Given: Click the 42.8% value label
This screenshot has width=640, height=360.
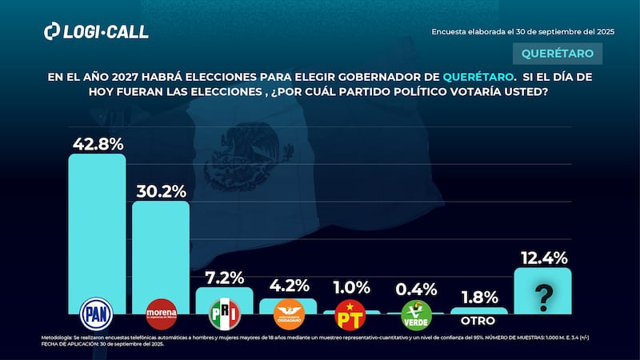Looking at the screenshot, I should pyautogui.click(x=97, y=144).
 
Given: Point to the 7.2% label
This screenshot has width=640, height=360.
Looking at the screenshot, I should pyautogui.click(x=224, y=278).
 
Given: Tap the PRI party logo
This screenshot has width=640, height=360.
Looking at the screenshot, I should pyautogui.click(x=224, y=314).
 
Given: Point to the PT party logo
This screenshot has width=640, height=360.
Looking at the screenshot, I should pyautogui.click(x=351, y=314).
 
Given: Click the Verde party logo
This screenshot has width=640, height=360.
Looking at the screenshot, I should pyautogui.click(x=415, y=314).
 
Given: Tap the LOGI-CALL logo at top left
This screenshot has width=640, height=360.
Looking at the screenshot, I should pyautogui.click(x=96, y=31).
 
